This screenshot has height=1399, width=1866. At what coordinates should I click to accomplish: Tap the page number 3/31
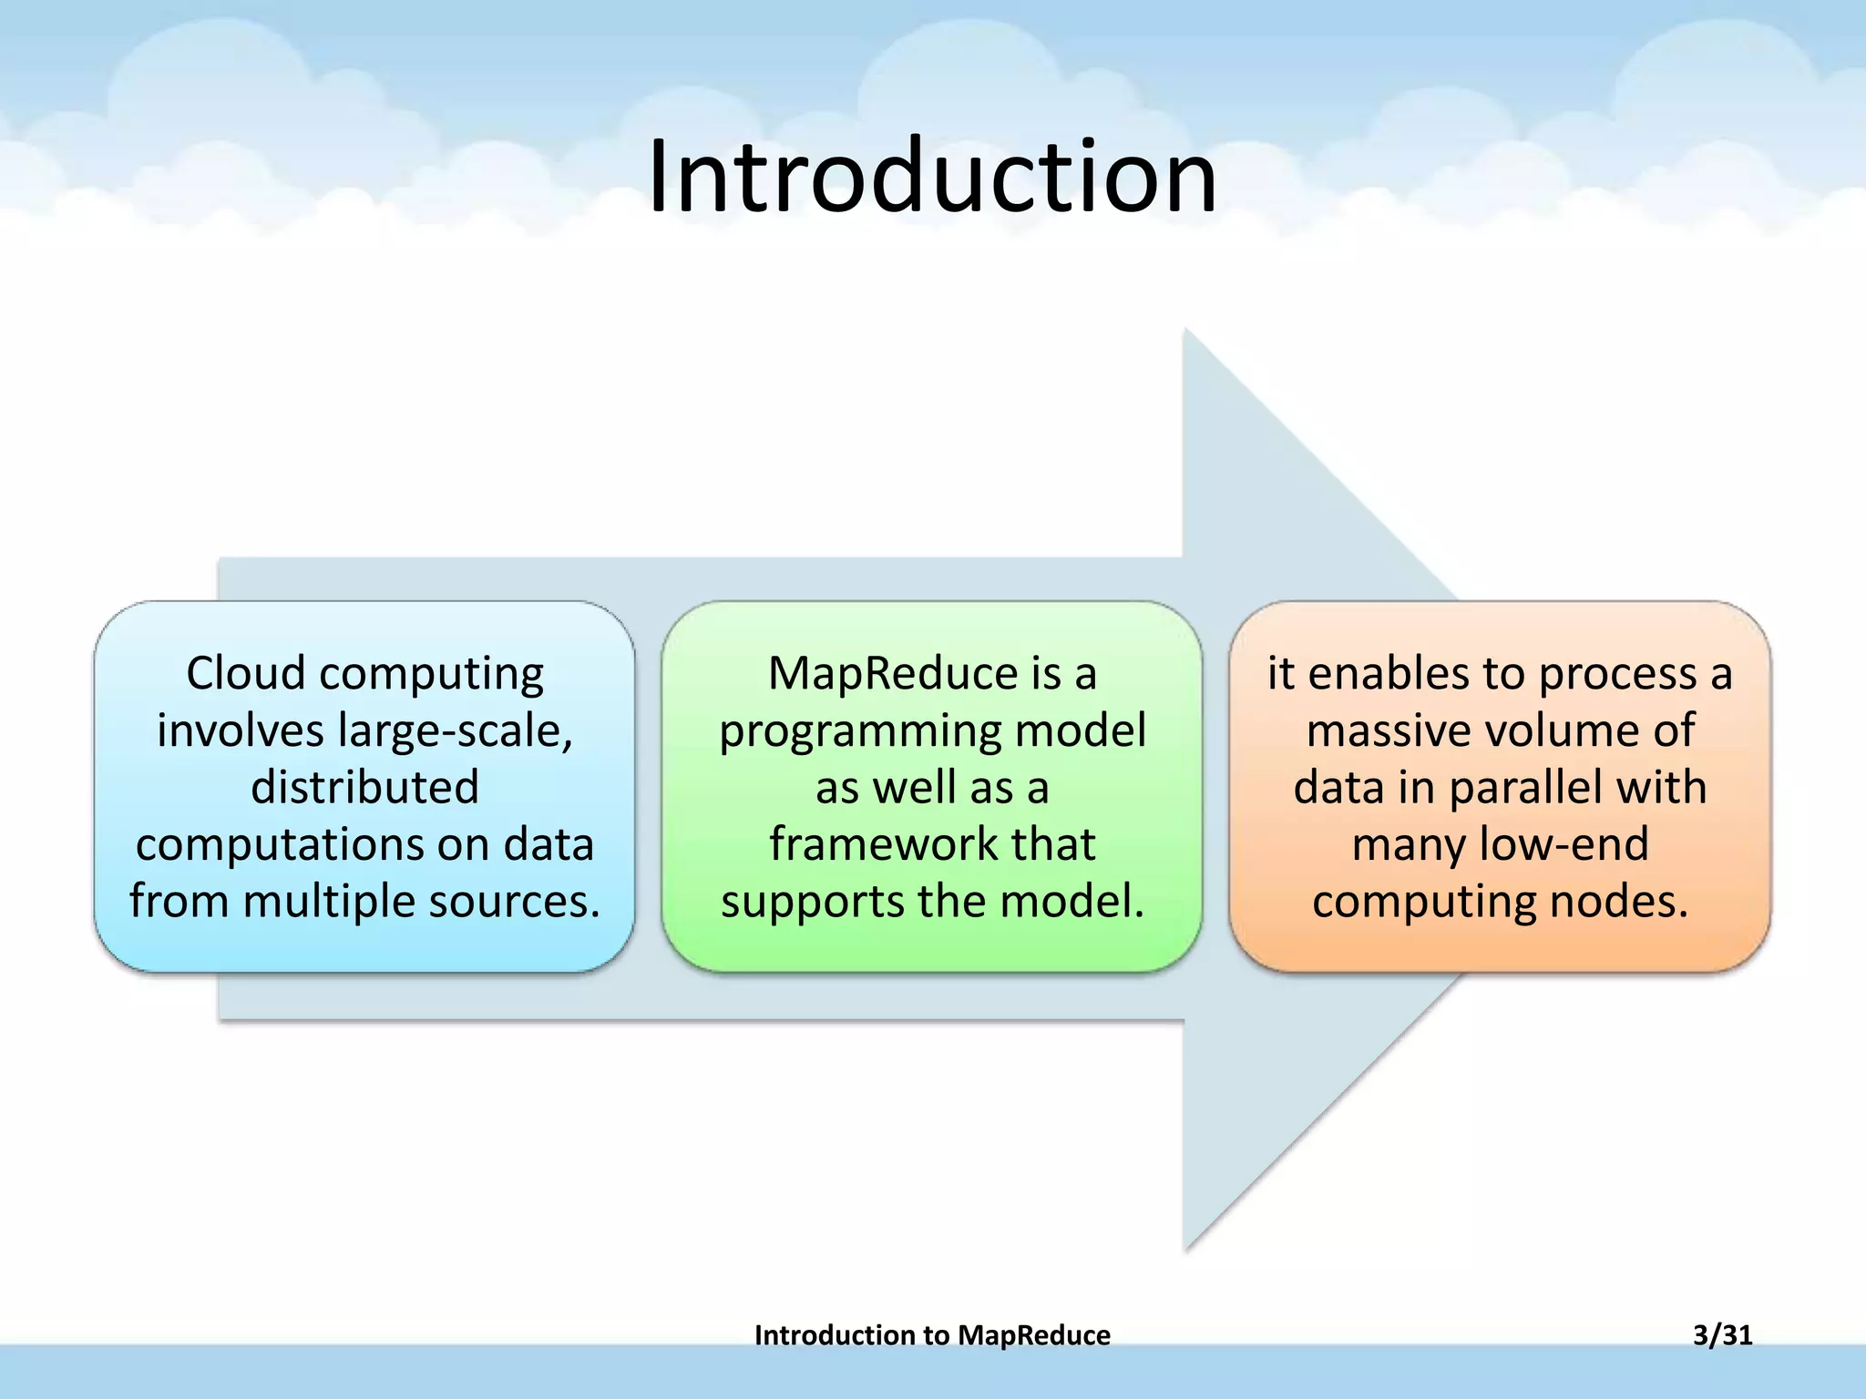(x=1722, y=1335)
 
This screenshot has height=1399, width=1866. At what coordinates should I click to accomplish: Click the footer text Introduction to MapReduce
(x=932, y=1335)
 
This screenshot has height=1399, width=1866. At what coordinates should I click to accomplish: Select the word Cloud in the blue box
(x=245, y=674)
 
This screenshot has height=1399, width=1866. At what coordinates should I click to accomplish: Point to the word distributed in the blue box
(x=364, y=788)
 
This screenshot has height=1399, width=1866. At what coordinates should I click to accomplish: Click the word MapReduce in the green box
(x=892, y=674)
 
